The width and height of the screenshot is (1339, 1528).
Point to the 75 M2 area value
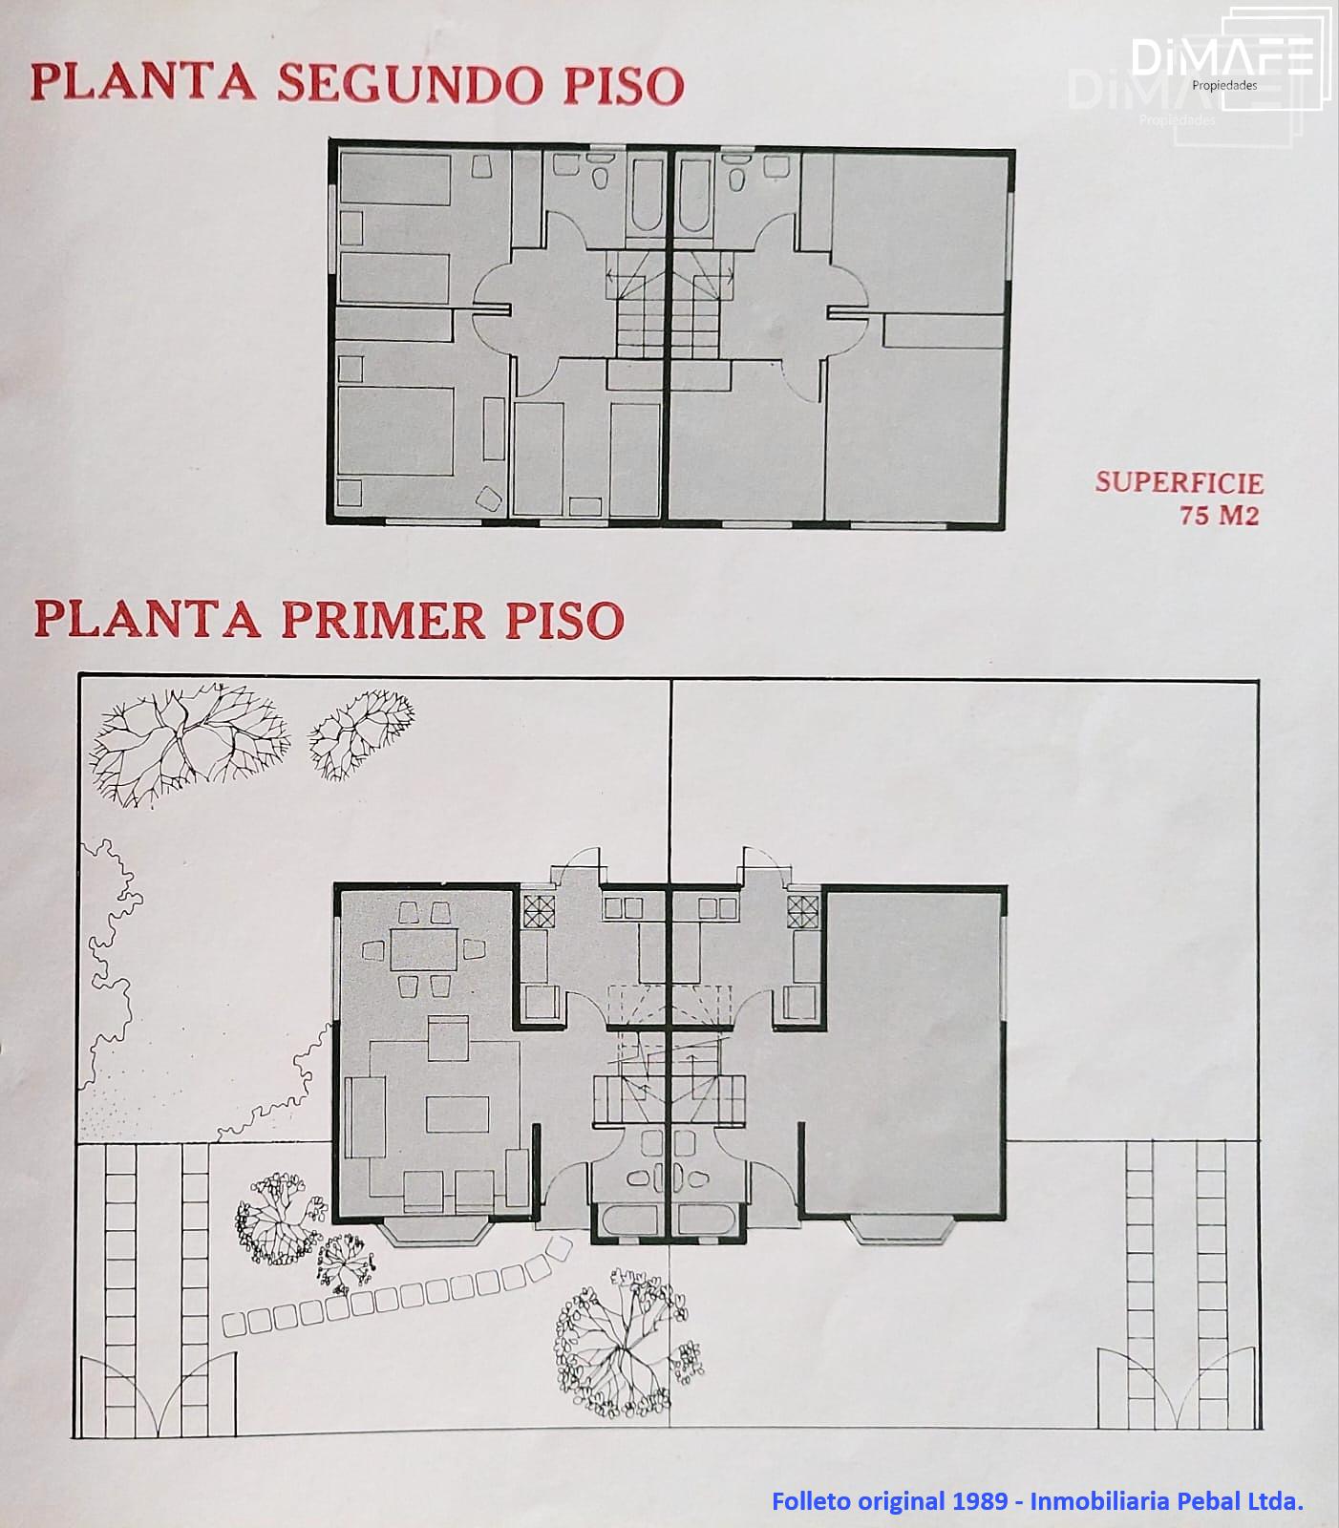1219,515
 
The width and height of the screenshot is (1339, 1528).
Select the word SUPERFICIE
1179,482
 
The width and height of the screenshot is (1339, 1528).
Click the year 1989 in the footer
979,1500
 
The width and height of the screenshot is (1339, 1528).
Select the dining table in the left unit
420,950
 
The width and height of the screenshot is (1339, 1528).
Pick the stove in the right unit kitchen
803,912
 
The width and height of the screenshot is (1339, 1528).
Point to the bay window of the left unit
437,1232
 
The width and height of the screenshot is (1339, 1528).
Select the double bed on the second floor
395,431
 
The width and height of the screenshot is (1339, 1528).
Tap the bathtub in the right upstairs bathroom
694,196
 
